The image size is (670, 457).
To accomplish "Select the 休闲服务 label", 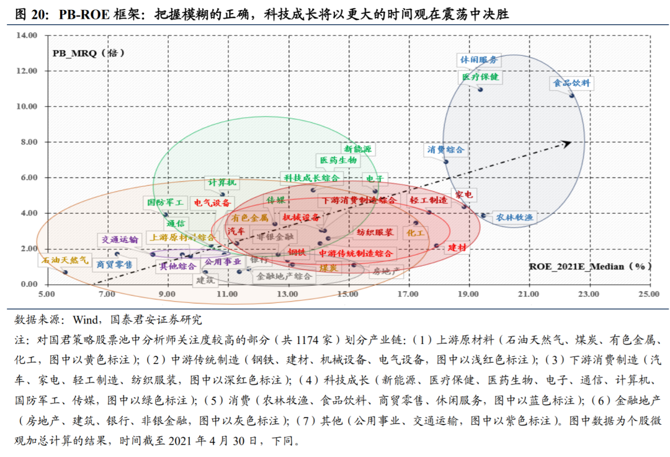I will coord(478,60).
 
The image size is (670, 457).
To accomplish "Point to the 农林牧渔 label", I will coord(514,217).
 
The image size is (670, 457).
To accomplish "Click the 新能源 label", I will coord(358,149).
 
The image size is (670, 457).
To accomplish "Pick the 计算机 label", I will coord(222,183).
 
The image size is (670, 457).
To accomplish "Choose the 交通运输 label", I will coord(120,240).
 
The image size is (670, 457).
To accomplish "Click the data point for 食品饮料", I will coord(572,96).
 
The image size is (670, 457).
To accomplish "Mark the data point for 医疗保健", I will coord(480,89).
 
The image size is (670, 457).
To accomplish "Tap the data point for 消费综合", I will coord(445,162).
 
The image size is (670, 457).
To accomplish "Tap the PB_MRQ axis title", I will coord(87,53).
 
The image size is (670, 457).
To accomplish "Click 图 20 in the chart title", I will coord(30,13).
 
